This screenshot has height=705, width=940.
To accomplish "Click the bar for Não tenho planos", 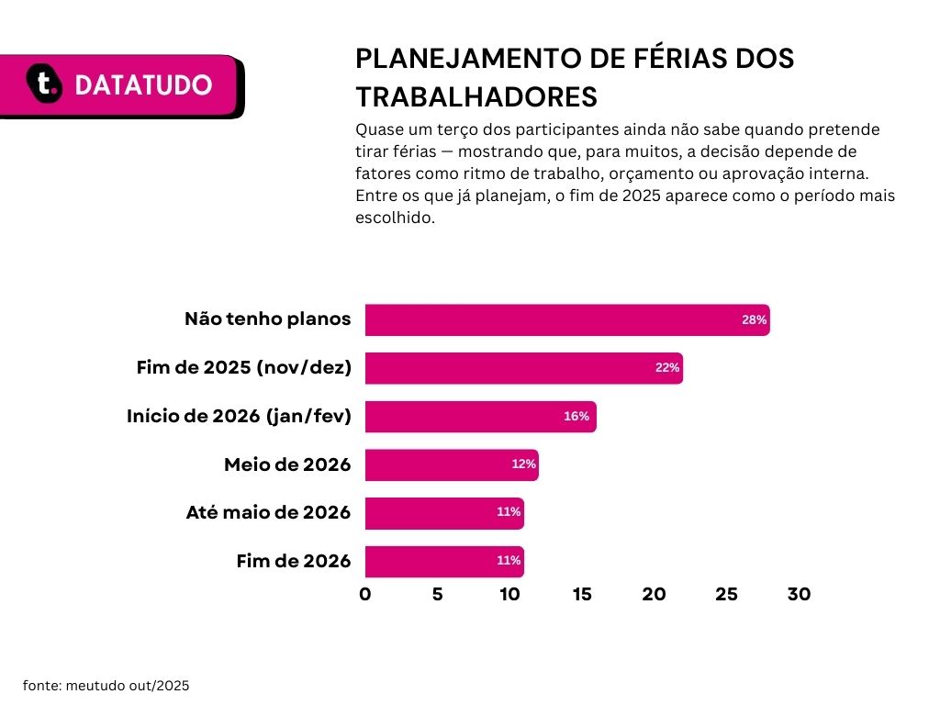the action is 567,320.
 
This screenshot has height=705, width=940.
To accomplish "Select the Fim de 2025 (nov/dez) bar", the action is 524,368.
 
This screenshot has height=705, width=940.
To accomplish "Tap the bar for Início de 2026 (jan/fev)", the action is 481,417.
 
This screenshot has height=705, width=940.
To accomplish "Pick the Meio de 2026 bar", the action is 452,464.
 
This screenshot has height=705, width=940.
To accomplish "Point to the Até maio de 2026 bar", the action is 445,513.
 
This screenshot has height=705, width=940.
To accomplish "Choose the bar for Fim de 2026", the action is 445,562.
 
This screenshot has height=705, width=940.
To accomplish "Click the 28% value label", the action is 755,320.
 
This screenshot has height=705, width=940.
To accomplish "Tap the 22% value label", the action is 667,367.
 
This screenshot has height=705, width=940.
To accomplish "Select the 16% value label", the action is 576,416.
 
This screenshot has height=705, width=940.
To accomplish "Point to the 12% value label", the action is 523,464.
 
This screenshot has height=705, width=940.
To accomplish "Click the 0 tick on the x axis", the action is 365,594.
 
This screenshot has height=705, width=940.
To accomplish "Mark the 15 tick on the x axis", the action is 581,594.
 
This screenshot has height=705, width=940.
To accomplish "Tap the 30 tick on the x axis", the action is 800,594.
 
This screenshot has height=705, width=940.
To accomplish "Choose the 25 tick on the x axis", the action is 727,594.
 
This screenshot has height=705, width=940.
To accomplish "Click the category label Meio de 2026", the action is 287,464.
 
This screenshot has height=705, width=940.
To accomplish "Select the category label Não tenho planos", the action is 267,319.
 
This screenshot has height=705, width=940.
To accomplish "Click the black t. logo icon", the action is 44,84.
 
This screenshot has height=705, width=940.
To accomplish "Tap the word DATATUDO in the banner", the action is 143,84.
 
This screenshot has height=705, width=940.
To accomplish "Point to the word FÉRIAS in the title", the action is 664,58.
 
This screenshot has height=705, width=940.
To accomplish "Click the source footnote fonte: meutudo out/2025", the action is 106,685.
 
